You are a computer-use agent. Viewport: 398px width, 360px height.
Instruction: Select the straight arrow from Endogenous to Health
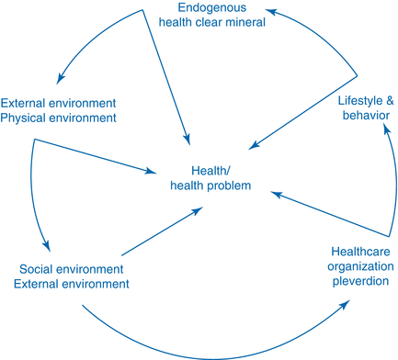tap(165, 73)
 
